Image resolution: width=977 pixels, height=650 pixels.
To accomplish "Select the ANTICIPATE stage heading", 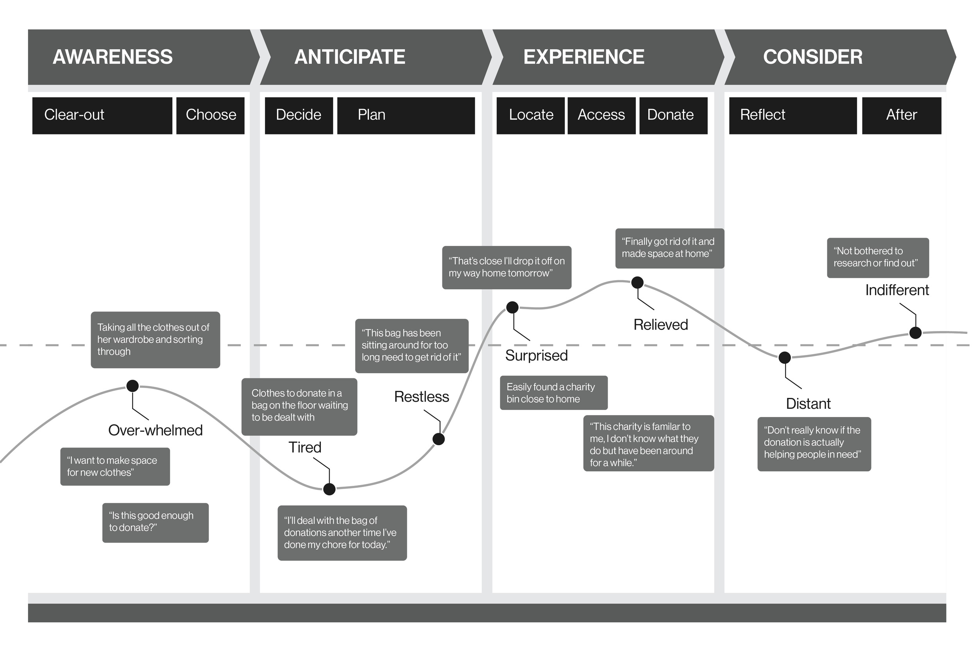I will point(349,57).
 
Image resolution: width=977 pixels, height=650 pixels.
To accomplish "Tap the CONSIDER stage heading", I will point(812,57).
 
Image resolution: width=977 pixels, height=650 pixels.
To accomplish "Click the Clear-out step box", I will point(102,115).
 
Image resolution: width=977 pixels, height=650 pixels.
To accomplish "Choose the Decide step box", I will point(299,115).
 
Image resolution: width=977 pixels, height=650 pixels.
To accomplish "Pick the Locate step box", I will point(531,115).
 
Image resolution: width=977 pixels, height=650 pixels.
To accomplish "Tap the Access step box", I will point(601,115).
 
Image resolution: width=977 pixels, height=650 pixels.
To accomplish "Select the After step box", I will point(901,115).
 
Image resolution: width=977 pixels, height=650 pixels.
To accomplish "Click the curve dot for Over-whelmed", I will point(132,386).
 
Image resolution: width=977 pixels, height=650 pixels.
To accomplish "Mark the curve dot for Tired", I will point(329,489).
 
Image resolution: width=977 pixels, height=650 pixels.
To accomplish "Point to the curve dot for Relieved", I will point(637,283).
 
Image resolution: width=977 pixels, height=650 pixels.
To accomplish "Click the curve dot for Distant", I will point(785,357).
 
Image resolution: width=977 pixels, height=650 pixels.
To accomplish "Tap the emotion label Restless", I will point(421,397).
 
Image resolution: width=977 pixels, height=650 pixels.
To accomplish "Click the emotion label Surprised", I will point(536,356).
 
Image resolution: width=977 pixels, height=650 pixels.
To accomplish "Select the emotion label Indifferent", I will point(896,290).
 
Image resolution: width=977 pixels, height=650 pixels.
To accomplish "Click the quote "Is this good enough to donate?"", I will point(156,522).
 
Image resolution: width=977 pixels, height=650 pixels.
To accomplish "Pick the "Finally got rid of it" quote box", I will point(669,248).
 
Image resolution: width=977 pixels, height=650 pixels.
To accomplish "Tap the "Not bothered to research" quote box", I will point(877,258).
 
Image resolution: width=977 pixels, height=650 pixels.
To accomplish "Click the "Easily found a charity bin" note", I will point(553,392).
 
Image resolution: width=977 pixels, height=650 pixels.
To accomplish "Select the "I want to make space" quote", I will point(115,466).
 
